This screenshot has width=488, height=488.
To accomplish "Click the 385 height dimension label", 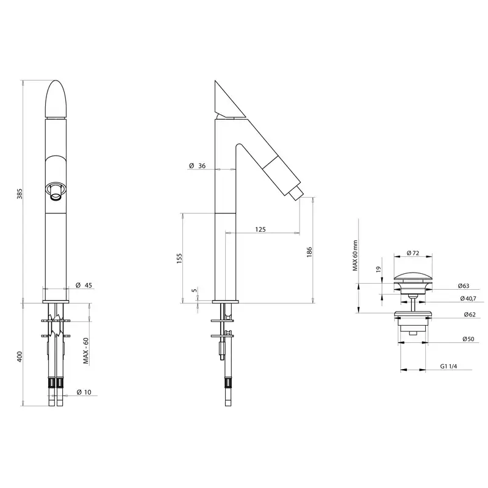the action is pyautogui.click(x=20, y=193).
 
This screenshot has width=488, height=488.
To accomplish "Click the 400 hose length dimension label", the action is pyautogui.click(x=20, y=356).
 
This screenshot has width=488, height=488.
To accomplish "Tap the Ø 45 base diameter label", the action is pyautogui.click(x=84, y=285).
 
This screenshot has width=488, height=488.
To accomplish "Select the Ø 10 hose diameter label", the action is pyautogui.click(x=84, y=392).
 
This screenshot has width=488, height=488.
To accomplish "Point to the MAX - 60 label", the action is pyautogui.click(x=86, y=351).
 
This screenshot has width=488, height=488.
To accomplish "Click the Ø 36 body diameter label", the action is pyautogui.click(x=197, y=165).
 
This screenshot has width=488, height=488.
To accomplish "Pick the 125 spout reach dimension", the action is pyautogui.click(x=260, y=229).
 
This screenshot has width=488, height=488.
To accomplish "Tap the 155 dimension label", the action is pyautogui.click(x=179, y=259).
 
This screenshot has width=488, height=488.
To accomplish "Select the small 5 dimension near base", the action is pyautogui.click(x=195, y=290).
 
